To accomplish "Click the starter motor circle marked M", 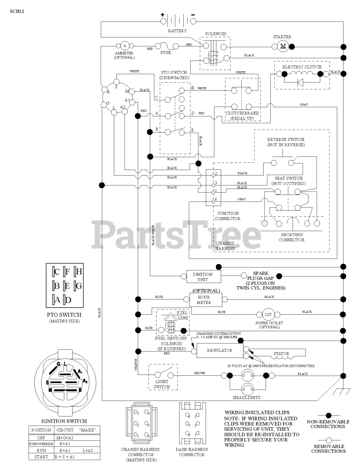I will click(283, 46).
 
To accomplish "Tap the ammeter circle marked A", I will click(125, 46).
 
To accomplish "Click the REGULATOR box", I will click(220, 351).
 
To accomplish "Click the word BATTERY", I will click(177, 31).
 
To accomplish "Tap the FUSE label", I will click(166, 53).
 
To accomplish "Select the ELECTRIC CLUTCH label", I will click(302, 67).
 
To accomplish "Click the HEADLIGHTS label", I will click(246, 397).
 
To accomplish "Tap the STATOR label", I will click(281, 354).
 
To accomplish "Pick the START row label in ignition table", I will click(41, 457).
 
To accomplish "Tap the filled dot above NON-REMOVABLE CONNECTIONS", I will click(328, 415).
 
